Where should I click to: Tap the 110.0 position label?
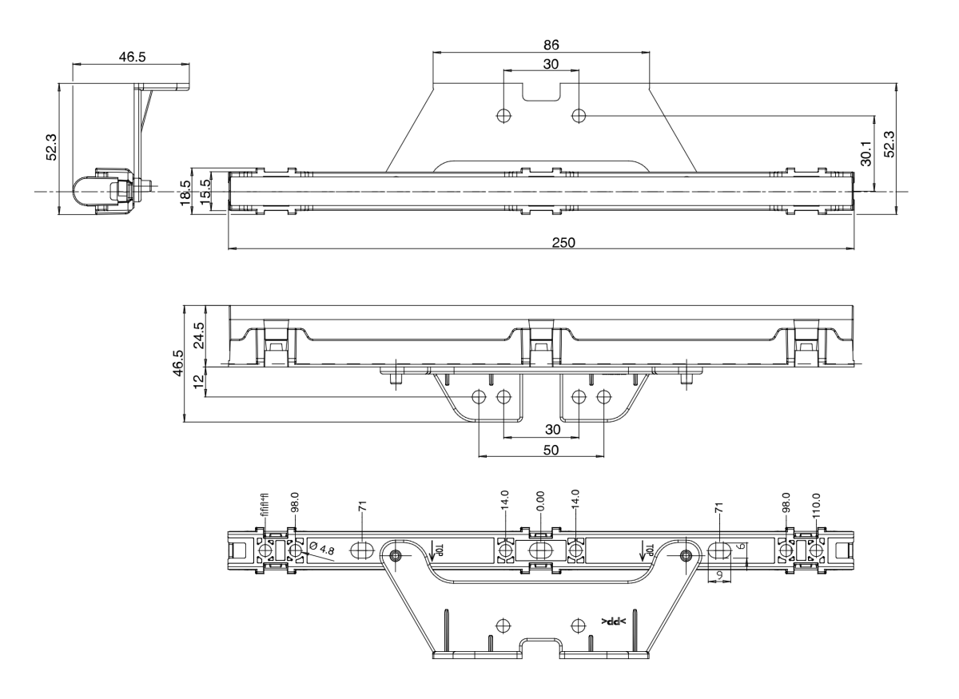pyautogui.click(x=817, y=506)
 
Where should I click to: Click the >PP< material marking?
pyautogui.click(x=615, y=622)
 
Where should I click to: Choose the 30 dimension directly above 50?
pyautogui.click(x=551, y=430)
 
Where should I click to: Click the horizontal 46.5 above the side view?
pyautogui.click(x=131, y=57)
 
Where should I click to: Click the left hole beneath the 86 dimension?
pyautogui.click(x=503, y=115)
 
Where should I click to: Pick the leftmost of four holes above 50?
pyautogui.click(x=479, y=396)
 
